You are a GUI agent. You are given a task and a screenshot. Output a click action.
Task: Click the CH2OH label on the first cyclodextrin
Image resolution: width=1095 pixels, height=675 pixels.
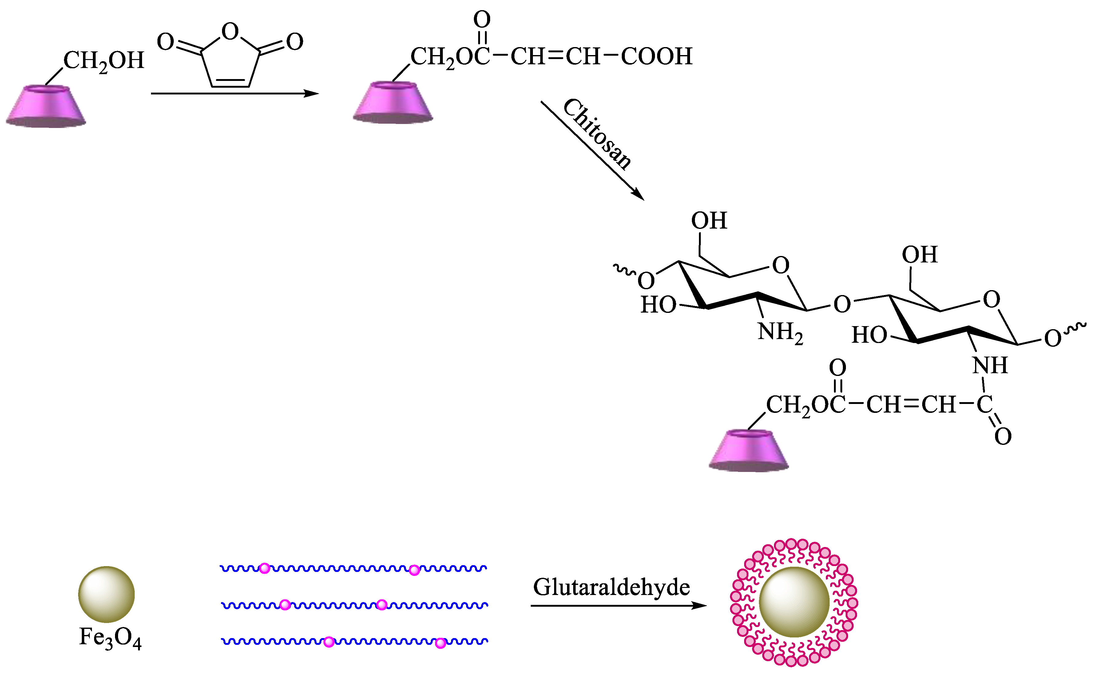(104, 61)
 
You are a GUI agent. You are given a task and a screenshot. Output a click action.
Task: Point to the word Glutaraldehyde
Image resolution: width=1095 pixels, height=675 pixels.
(611, 588)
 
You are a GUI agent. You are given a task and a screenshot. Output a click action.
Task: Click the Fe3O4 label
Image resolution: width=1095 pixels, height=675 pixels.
(110, 638)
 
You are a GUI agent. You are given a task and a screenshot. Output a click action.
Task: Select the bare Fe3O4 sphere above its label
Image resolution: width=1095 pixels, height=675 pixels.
(106, 594)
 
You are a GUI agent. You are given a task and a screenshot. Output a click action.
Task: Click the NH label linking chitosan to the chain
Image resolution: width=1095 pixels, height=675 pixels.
(990, 365)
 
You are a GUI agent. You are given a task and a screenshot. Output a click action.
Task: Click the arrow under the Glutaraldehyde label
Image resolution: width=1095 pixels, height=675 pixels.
(618, 606)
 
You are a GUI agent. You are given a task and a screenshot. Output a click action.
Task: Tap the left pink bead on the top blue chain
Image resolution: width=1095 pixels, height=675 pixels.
(265, 568)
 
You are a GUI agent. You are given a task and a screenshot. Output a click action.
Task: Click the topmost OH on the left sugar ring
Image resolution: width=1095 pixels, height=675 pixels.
(709, 221)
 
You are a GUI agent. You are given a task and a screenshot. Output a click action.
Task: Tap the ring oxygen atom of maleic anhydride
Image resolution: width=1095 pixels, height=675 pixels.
(230, 32)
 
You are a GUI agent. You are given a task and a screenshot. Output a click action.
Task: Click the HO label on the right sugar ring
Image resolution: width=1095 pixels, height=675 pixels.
(869, 335)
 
